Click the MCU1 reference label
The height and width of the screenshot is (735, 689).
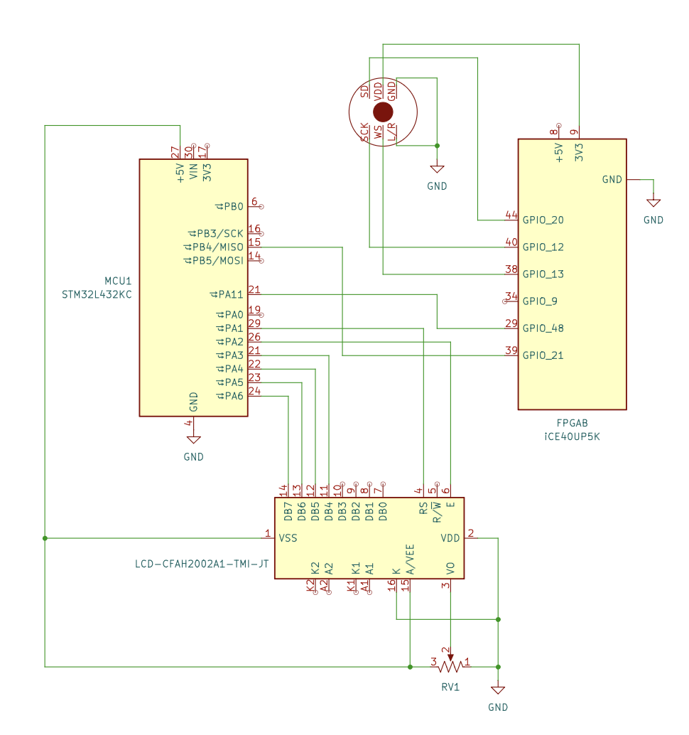coord(118,281)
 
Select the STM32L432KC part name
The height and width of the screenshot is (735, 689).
coord(97,294)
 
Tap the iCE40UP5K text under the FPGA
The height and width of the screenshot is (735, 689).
coord(572,436)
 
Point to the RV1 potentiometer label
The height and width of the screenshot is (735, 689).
coord(450,687)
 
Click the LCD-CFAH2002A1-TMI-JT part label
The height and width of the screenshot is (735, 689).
coord(202,564)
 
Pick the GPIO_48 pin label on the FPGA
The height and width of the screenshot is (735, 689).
coord(543,328)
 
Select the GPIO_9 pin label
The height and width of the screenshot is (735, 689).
coord(540,301)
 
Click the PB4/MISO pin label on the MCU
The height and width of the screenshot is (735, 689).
coord(218,247)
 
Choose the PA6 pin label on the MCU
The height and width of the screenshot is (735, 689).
coord(234,396)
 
